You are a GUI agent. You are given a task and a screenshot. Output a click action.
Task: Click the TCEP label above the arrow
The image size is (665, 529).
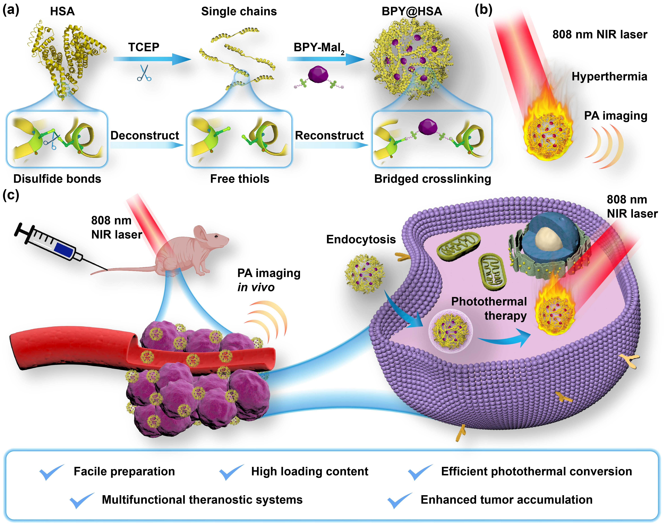point(144,47)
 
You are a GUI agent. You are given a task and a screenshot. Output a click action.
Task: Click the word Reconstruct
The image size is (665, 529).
point(329,135)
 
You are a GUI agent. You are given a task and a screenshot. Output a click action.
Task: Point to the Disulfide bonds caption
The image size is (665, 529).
point(57,179)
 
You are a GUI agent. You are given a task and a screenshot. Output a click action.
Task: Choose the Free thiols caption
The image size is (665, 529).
point(240,179)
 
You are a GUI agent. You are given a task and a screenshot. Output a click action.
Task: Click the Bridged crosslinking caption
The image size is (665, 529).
point(432,179)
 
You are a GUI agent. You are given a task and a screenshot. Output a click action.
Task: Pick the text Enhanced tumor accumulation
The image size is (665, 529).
point(506,500)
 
